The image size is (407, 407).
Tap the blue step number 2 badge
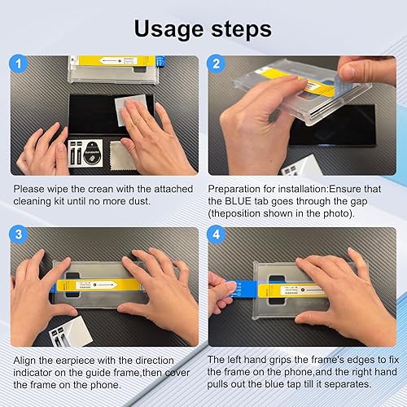pos(216,63)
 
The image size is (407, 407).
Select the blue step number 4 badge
pos(216,235)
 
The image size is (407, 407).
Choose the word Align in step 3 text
pos(25,360)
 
